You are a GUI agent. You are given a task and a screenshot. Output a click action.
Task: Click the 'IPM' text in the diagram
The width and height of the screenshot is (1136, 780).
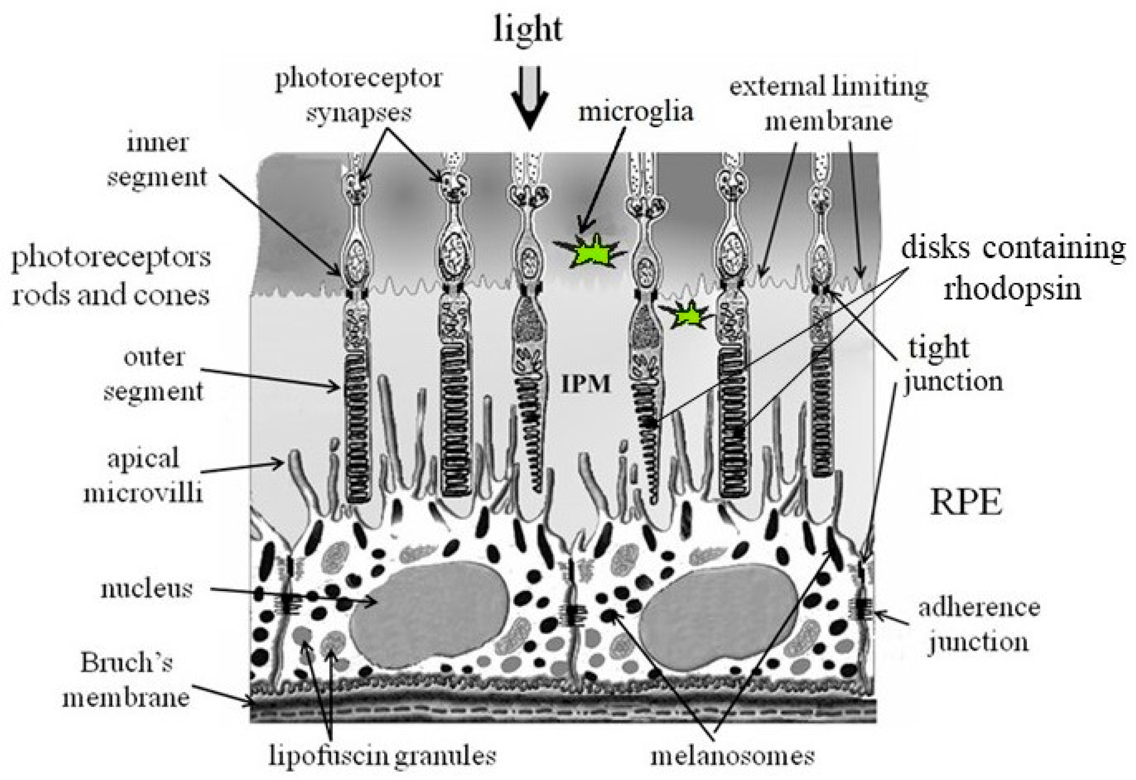tap(586, 385)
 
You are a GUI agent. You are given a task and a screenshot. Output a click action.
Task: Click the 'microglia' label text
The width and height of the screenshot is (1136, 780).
tap(635, 111)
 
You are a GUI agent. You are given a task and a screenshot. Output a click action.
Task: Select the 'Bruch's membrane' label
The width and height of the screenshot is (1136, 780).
tap(126, 680)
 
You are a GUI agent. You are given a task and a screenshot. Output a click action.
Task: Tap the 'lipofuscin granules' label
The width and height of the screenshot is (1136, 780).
tap(382, 757)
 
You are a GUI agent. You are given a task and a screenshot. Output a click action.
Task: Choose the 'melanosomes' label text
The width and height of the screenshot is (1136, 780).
tap(732, 757)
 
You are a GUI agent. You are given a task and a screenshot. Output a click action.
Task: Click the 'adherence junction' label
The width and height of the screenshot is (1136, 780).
tap(979, 625)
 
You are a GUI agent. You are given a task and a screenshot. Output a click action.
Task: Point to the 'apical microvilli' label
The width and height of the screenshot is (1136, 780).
tap(143, 475)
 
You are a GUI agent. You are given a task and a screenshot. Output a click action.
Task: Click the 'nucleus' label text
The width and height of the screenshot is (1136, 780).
tap(146, 590)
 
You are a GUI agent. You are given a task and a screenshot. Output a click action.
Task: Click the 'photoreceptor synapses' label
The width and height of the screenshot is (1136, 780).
tap(358, 96)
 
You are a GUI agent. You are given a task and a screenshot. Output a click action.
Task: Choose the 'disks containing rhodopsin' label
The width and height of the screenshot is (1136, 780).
tap(1012, 269)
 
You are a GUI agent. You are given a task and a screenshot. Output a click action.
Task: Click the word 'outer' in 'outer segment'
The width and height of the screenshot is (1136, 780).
tap(154, 358)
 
